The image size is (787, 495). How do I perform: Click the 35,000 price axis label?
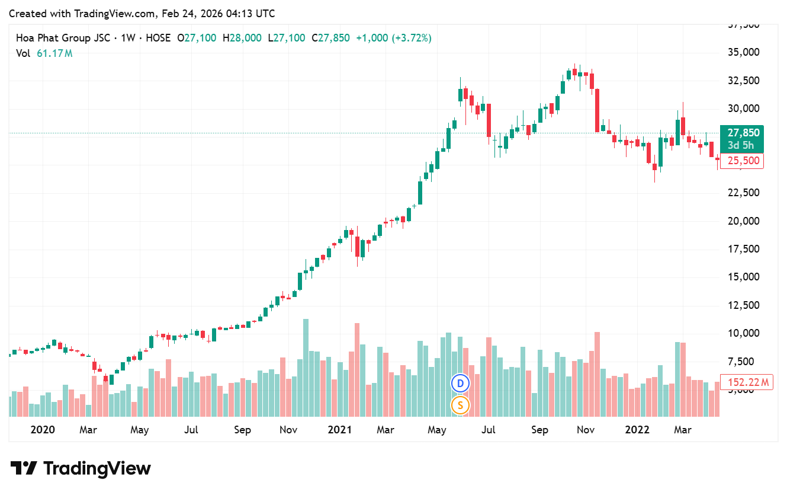point(743,52)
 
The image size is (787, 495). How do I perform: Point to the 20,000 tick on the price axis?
point(743,221)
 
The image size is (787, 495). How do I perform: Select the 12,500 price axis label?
point(743,305)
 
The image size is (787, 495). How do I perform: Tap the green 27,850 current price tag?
point(740,133)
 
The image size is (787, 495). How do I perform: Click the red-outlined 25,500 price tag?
point(741,161)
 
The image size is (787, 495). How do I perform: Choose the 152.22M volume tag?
point(746,382)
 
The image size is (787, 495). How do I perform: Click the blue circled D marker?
point(460,383)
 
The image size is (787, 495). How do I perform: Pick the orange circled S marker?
point(460,405)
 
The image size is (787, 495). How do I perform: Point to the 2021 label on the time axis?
point(340,430)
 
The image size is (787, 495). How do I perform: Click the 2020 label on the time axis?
point(43,430)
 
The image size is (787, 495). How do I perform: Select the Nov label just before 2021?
point(288,430)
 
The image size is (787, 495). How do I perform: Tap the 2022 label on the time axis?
point(637,430)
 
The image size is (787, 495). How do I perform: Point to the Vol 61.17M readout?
point(44,53)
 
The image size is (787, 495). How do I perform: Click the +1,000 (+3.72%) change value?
point(394,38)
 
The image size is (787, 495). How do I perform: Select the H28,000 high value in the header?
point(242,38)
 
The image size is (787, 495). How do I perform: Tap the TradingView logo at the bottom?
point(81,468)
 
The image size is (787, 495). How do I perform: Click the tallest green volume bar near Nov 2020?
point(306,368)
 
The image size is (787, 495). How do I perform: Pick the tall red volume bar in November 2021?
point(597,373)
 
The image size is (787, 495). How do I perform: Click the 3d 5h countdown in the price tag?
point(740,145)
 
